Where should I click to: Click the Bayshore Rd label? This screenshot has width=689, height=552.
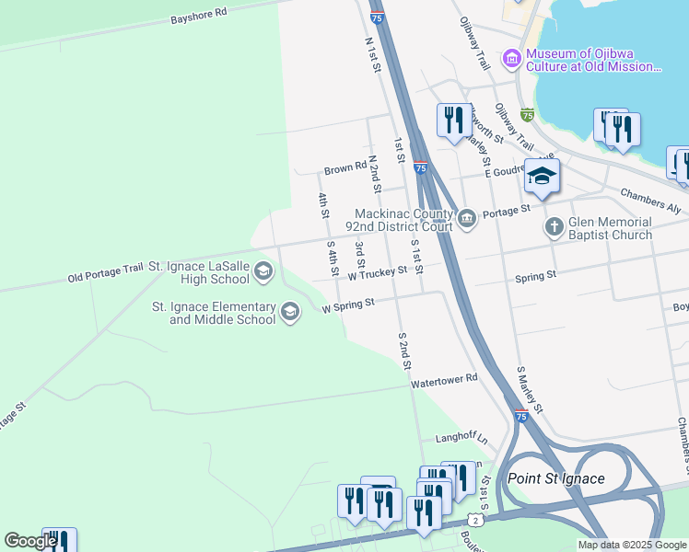[x=199, y=16]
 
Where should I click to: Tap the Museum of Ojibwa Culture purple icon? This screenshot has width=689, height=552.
[x=511, y=59]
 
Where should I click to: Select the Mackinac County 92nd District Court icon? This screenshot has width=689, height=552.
[x=468, y=218]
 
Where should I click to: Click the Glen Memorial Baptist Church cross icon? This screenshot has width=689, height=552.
[x=554, y=226]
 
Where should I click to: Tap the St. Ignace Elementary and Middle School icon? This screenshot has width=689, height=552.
[x=289, y=313]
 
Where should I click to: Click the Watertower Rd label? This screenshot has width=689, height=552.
[x=445, y=379]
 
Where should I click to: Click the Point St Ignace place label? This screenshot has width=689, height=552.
[x=555, y=478]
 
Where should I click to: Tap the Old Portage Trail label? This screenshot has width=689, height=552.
[x=105, y=272]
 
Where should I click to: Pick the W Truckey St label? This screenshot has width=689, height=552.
[x=378, y=273]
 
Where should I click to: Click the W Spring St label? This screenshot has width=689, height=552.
[x=348, y=305]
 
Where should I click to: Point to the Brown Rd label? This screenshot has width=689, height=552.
[x=344, y=170]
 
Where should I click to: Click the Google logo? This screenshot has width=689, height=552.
[x=29, y=541]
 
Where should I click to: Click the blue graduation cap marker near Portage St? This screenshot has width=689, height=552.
[x=542, y=177]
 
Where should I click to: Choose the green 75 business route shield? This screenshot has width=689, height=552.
[x=526, y=115]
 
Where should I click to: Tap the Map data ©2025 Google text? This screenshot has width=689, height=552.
[x=633, y=545]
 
